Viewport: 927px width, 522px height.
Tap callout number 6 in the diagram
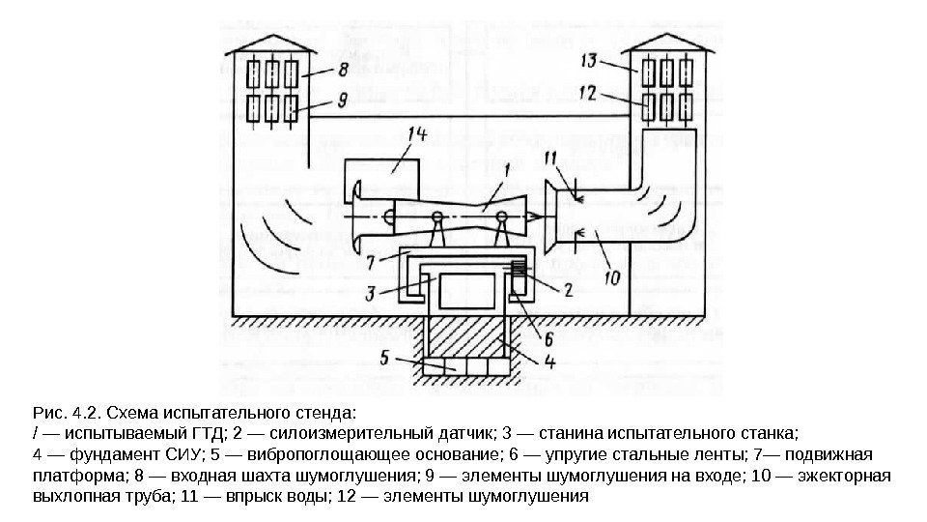click(x=548, y=338)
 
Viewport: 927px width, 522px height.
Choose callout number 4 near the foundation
click(x=549, y=363)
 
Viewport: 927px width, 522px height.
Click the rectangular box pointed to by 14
click(x=380, y=179)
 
